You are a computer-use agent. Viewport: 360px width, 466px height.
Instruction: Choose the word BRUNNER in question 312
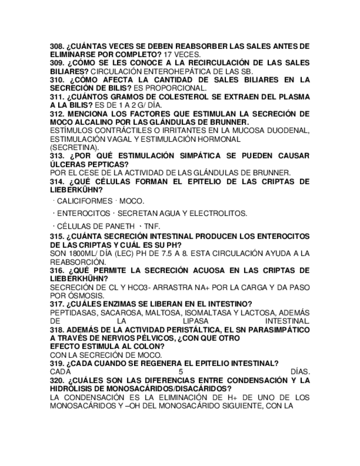(229, 122)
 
